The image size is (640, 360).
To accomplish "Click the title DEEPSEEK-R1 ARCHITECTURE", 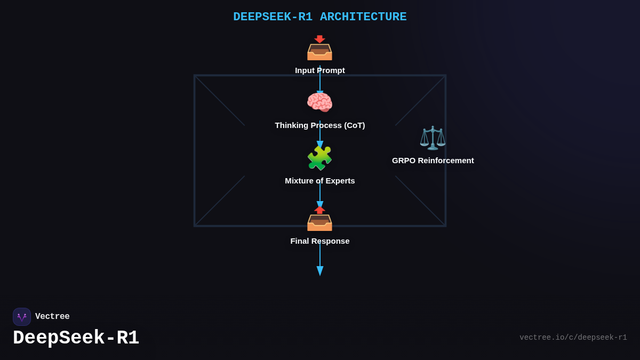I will point(319,17).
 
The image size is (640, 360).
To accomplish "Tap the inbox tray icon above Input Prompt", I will point(319,49).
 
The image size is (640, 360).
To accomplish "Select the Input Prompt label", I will point(319,70).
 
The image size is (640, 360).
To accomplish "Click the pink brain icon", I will point(319,102).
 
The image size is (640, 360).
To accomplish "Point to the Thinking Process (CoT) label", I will point(319,125).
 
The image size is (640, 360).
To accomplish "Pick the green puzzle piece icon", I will point(319,158).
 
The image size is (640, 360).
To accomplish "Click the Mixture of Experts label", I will point(319,181).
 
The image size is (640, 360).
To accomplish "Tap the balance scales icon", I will point(433,138).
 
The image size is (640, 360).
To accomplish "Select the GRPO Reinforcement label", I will point(433,161).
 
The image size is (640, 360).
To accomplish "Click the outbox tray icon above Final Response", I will point(319,219).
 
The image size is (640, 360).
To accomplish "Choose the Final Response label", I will point(319,241).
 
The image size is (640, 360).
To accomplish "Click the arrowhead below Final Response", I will point(320,271).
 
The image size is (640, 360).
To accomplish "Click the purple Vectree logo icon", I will point(22,317).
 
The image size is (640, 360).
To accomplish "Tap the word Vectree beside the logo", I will point(52,317).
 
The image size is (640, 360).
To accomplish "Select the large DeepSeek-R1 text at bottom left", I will point(76,338).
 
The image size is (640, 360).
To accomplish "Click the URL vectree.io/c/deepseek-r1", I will point(573,338).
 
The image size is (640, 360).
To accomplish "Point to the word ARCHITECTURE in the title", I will point(363,17).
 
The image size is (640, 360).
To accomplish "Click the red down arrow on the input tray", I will point(319,39).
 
